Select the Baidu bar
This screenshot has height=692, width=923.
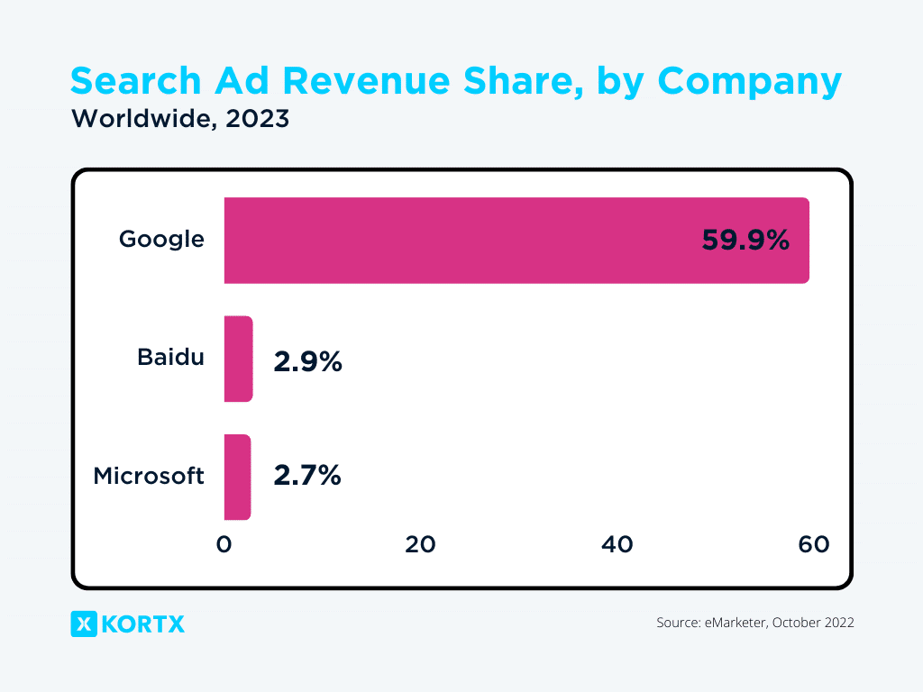click(x=238, y=359)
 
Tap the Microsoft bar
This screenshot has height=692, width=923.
click(x=237, y=477)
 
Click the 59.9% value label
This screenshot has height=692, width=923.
click(x=745, y=241)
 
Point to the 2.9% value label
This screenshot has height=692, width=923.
click(x=307, y=361)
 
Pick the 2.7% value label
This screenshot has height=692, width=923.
click(x=307, y=476)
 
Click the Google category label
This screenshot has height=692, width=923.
click(x=162, y=240)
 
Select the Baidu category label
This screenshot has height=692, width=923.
click(x=170, y=358)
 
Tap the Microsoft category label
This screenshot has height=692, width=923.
click(x=149, y=476)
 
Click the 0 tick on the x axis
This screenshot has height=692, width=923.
click(x=224, y=544)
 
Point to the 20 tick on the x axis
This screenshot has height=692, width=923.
click(x=420, y=544)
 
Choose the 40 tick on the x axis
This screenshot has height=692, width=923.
click(x=617, y=544)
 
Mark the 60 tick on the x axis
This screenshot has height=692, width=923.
click(x=813, y=544)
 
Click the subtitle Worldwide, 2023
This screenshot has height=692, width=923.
click(x=180, y=119)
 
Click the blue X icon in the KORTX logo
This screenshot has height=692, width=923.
click(x=83, y=624)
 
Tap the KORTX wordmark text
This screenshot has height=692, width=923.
click(x=144, y=624)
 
